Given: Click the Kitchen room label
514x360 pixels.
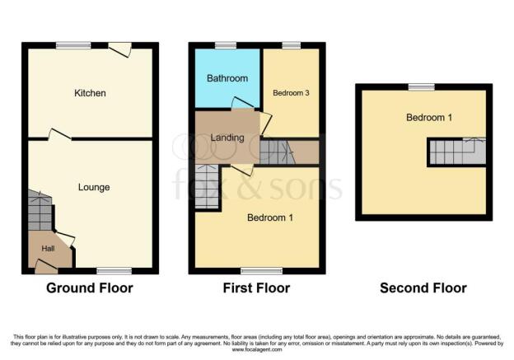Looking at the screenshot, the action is coord(90,93).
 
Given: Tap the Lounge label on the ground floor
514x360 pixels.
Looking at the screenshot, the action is coord(94,187).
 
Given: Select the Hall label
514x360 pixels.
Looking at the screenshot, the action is coord(48,249).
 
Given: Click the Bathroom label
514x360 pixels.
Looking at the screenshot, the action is coord(227,78).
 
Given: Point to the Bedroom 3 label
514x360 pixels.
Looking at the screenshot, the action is coord(291,93).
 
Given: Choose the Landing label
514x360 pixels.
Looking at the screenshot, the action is coord(227,138).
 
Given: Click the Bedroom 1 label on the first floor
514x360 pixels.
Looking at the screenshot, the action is coord(270,217).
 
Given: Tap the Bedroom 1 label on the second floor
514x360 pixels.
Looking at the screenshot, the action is coord(429,117).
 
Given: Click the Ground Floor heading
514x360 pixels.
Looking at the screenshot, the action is coord(90,288).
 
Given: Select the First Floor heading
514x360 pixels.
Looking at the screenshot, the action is coord(256,288).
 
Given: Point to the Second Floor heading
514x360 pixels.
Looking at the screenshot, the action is coord(423,288).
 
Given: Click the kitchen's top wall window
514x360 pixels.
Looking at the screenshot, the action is coord(73,45).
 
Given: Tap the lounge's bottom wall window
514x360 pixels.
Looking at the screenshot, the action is coord(114,271).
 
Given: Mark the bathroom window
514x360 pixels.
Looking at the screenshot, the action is coord(226,45).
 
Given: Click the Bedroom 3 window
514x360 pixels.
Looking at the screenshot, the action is coord(291,45).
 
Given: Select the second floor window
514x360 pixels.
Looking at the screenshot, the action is coord(421,86).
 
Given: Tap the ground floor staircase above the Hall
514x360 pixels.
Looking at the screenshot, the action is coord(40,211).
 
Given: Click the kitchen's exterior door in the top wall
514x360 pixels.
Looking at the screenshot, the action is coord(120,49).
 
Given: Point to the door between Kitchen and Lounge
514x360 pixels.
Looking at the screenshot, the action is coord(59,135).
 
